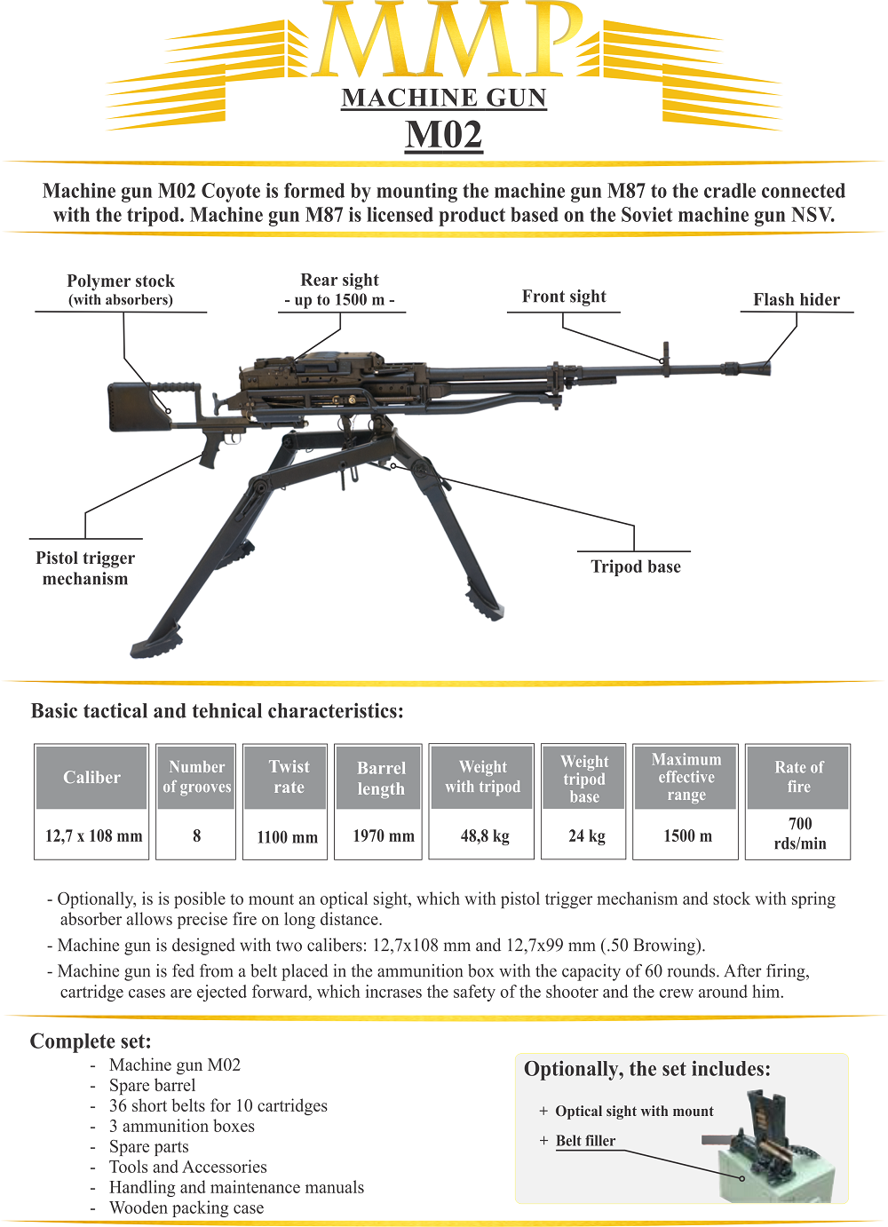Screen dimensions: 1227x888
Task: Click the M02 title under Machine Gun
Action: (x=444, y=135)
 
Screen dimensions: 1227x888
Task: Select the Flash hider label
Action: (x=797, y=300)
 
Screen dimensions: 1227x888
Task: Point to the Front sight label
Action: (x=564, y=297)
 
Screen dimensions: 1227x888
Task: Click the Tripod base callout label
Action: (x=636, y=566)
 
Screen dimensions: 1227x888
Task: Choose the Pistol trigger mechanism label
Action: (x=85, y=568)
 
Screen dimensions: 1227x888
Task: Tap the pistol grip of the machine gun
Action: (x=211, y=448)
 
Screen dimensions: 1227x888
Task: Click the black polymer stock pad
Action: (x=139, y=407)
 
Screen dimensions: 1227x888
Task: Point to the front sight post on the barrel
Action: (x=664, y=353)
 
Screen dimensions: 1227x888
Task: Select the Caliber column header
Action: (x=91, y=778)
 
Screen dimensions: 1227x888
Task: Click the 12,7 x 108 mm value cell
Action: (x=93, y=836)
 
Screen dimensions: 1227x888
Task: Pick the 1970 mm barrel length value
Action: (x=384, y=836)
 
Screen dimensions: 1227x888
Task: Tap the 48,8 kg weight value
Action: (x=485, y=836)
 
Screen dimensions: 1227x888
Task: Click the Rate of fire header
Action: (x=798, y=777)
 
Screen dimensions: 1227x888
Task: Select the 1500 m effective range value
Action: (x=687, y=836)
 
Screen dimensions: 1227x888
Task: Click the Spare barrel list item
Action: (x=153, y=1086)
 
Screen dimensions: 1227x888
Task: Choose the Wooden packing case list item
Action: (x=186, y=1208)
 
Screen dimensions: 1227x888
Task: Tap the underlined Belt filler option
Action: (x=585, y=1141)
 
